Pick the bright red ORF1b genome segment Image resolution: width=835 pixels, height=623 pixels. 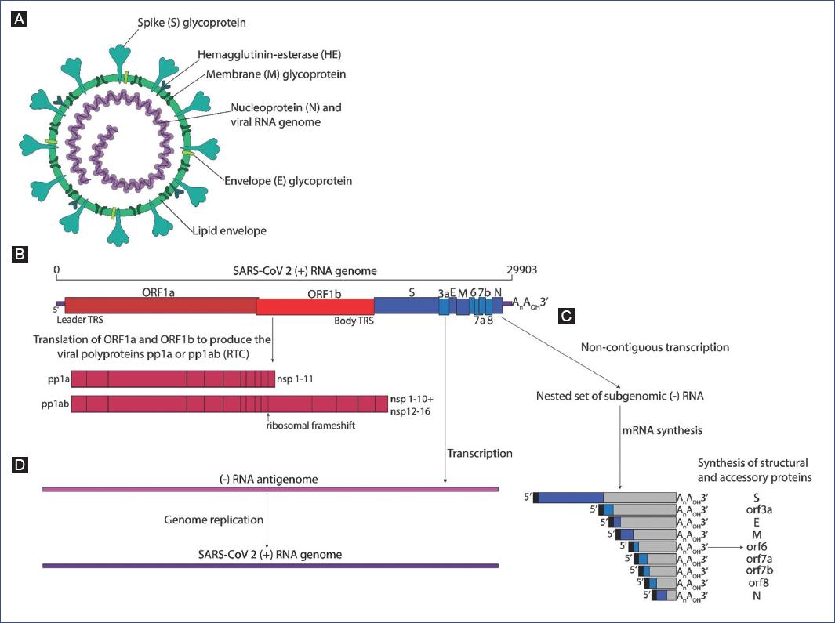click(x=315, y=306)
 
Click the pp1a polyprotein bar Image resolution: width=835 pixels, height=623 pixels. click(x=172, y=380)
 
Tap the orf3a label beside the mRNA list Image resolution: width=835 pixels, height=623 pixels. click(x=764, y=509)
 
